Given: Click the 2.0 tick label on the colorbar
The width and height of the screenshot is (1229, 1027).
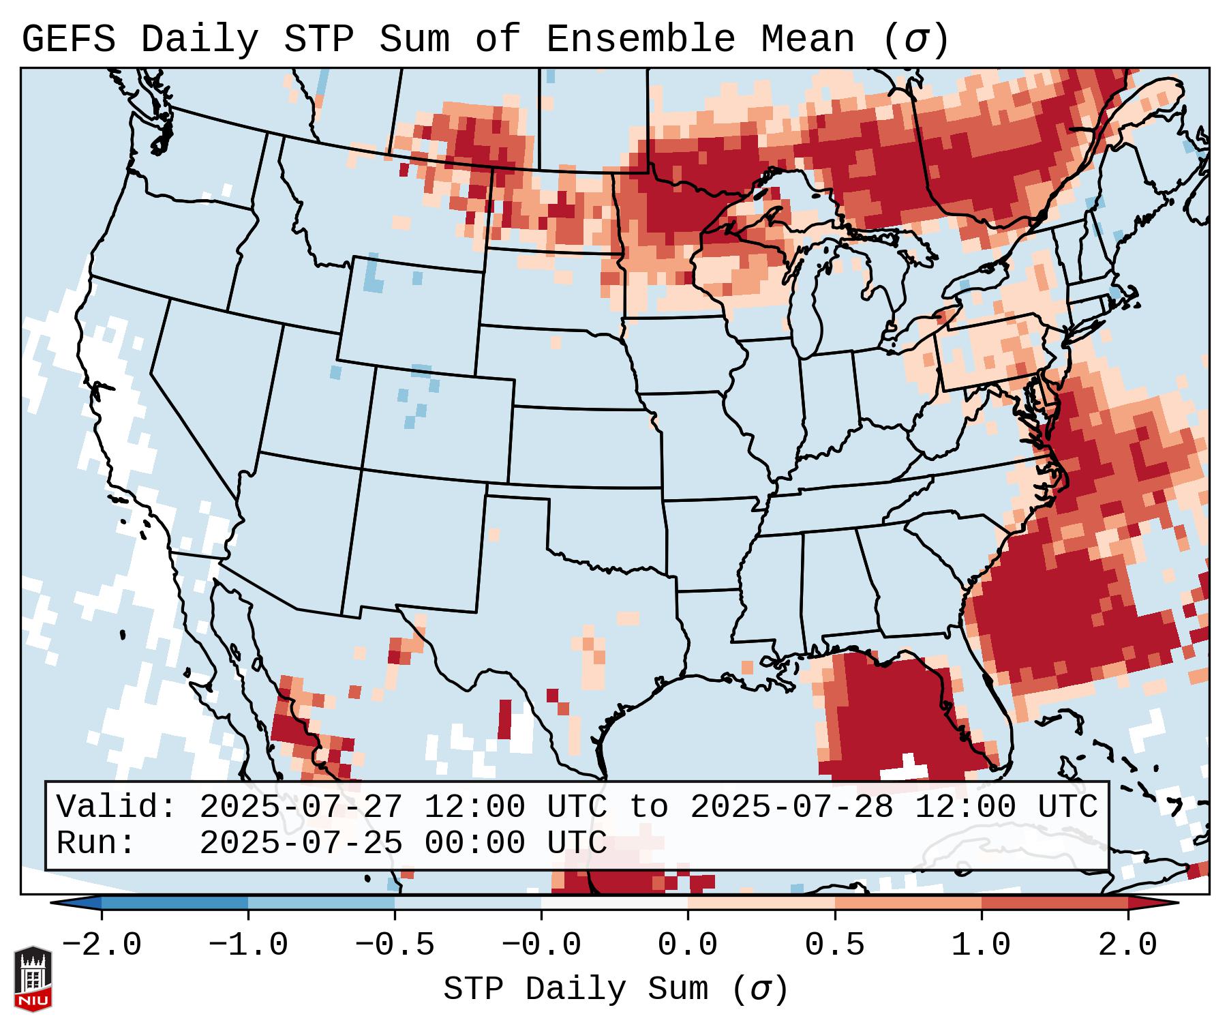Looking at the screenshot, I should pos(1127,945).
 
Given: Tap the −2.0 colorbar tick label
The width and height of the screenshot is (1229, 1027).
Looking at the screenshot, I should pos(102,945).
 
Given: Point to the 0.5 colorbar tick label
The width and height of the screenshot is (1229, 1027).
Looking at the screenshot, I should pos(834,945).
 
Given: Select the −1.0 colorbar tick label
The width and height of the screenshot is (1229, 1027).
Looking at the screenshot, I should pos(248,945).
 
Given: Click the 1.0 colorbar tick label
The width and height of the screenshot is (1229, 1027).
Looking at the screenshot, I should pos(981,945).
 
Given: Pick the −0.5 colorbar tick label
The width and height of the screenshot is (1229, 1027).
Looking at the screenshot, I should pos(395,945).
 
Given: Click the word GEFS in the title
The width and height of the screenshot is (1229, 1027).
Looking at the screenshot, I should pos(68,40).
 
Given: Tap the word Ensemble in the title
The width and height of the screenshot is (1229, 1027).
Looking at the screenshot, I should pos(640,40).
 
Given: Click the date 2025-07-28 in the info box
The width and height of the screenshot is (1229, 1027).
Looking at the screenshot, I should pos(791,807).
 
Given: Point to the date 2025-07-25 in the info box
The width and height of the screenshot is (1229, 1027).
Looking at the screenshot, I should pos(301,843).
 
